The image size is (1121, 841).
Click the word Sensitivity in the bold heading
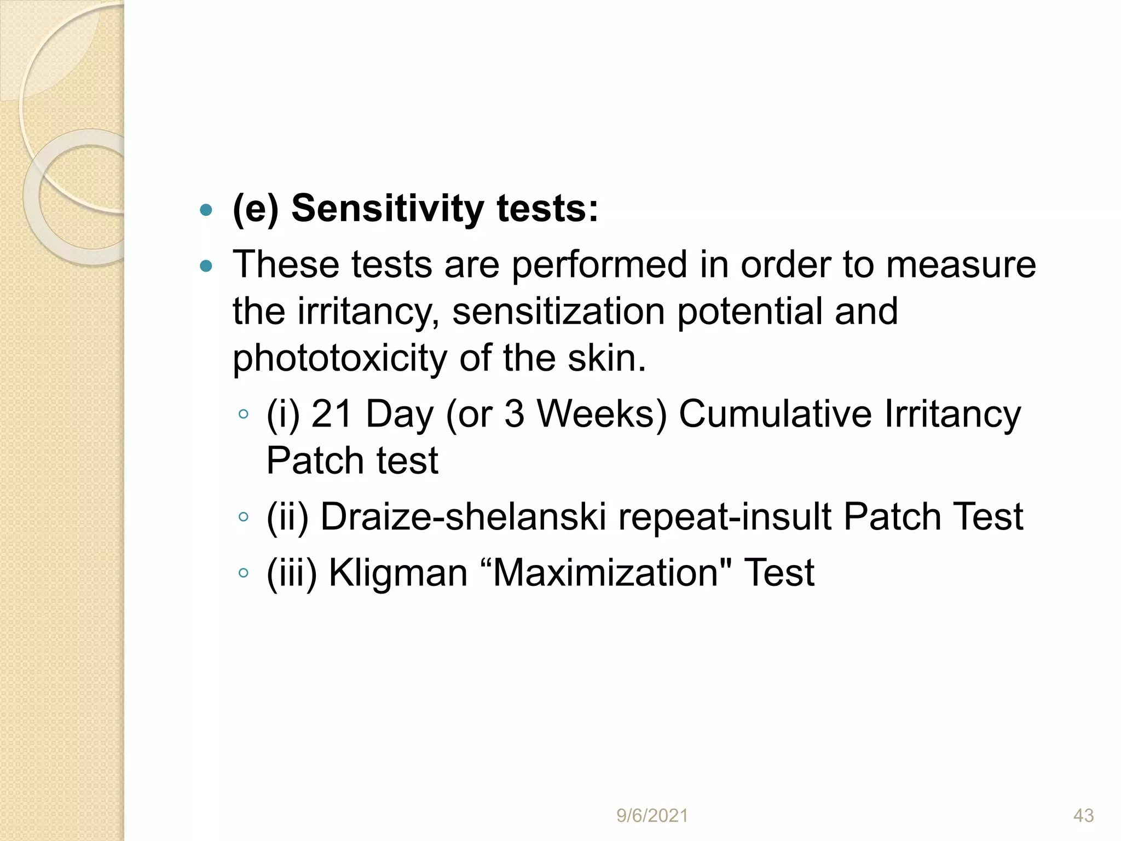(x=387, y=209)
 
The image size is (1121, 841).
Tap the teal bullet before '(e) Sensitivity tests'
(x=206, y=210)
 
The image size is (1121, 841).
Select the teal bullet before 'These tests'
(x=206, y=267)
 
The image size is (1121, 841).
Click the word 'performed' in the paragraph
(x=599, y=266)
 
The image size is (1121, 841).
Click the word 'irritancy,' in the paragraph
(x=368, y=312)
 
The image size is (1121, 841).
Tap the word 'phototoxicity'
(x=340, y=359)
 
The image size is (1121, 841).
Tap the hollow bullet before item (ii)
(x=244, y=517)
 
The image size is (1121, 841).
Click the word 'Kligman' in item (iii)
(x=398, y=573)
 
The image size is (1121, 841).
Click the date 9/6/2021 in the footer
(x=652, y=816)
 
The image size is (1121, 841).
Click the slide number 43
(x=1083, y=816)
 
